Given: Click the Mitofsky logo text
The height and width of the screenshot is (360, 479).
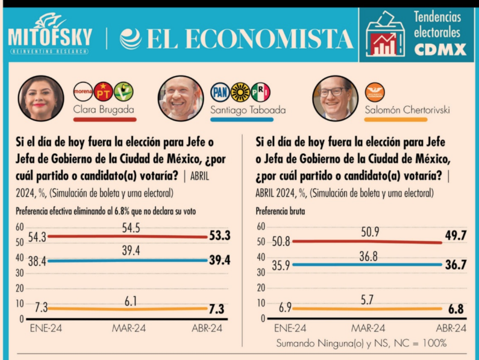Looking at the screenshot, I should coord(50,37).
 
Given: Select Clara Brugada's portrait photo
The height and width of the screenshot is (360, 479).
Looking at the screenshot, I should coord(40,98).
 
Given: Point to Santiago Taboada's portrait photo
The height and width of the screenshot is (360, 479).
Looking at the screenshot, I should coord(180,98).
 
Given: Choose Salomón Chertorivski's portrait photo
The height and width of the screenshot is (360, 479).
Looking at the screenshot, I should coord(335,98).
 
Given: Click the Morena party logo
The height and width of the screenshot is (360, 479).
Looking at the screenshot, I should coord(83,92).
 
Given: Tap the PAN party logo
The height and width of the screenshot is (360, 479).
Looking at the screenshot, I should coord(220,92).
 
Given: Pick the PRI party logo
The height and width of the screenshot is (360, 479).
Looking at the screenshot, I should coord(260,92).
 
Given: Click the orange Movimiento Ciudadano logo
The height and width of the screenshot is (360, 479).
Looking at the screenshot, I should coord(375,92).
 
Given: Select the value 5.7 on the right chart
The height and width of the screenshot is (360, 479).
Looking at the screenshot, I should coord(366,298).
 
